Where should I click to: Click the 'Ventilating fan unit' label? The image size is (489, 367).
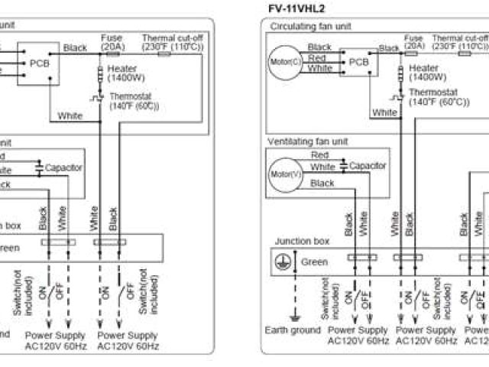coord(303,141)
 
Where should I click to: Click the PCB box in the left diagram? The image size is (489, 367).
coord(40,63)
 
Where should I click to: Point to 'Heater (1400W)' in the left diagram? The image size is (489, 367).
coord(128,73)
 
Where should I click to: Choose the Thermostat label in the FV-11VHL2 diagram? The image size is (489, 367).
coord(437,96)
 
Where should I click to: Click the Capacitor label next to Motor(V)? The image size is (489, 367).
coord(368,165)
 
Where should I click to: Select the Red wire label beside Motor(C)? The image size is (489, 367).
coord(317,57)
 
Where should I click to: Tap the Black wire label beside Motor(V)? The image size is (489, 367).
coord(322,183)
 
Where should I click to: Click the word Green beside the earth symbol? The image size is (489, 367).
coord(314,261)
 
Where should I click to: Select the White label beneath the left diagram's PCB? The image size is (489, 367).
coord(70,116)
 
